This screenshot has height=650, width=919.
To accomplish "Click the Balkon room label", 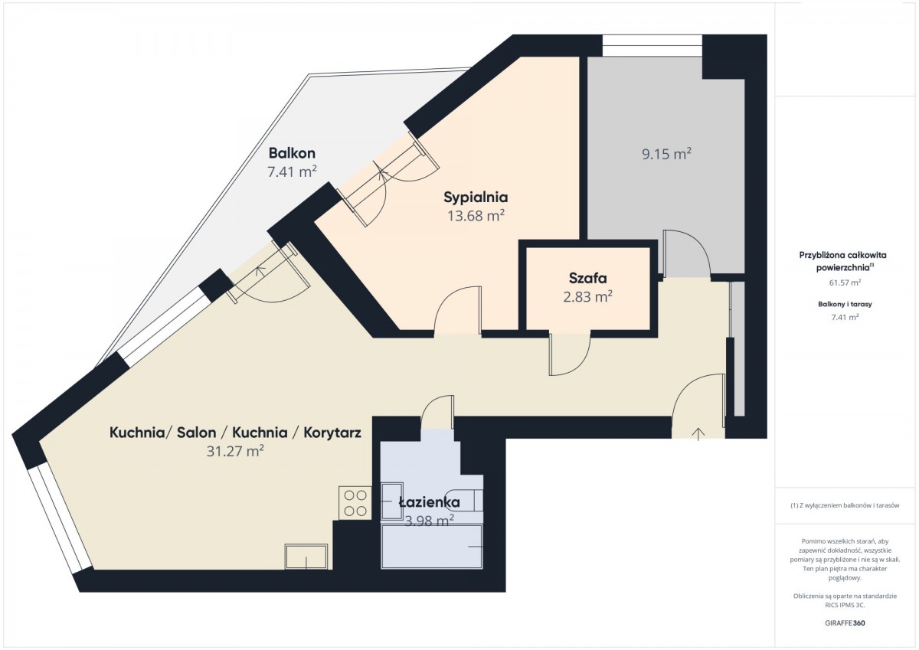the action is pyautogui.click(x=292, y=153).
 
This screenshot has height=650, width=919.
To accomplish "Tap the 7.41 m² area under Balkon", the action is pyautogui.click(x=292, y=171).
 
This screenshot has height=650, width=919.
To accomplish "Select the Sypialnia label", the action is pyautogui.click(x=476, y=198).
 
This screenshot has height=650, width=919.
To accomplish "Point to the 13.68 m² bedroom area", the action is pyautogui.click(x=476, y=216).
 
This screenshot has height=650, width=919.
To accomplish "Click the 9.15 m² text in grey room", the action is pyautogui.click(x=667, y=154).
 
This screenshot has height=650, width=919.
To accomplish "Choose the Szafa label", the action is pyautogui.click(x=587, y=278).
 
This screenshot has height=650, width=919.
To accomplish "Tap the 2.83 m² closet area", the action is pyautogui.click(x=587, y=296).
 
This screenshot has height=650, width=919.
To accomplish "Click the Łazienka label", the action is pyautogui.click(x=430, y=502).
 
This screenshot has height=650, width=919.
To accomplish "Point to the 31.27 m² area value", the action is pyautogui.click(x=235, y=451).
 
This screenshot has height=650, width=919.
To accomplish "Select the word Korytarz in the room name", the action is pyautogui.click(x=332, y=433).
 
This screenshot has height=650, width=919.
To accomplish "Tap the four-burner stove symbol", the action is pyautogui.click(x=355, y=503).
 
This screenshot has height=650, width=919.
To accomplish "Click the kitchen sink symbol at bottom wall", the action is pyautogui.click(x=306, y=557).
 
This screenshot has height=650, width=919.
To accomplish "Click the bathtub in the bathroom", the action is pyautogui.click(x=432, y=547).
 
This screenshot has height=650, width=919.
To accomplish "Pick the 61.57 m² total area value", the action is pyautogui.click(x=845, y=283).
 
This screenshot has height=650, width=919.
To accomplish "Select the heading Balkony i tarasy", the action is pyautogui.click(x=845, y=304).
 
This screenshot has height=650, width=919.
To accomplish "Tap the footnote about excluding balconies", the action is pyautogui.click(x=845, y=505).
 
